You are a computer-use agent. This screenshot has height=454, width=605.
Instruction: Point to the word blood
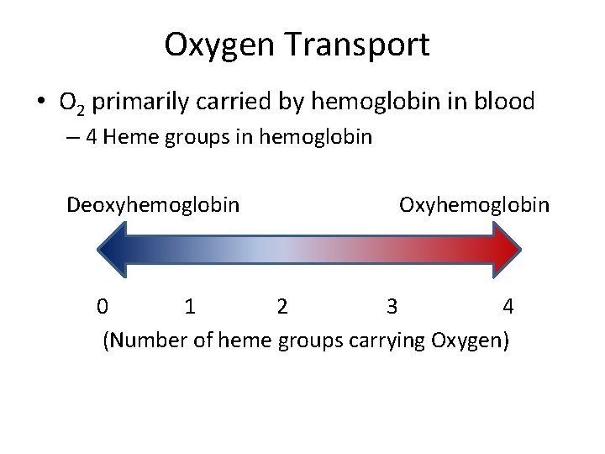click(502, 102)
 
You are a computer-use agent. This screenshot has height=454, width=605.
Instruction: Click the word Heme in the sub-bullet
click(126, 137)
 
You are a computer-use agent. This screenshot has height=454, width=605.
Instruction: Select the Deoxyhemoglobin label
click(154, 205)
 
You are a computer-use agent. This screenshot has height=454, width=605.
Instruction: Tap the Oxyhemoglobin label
click(475, 205)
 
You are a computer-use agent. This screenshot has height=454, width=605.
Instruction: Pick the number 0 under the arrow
click(101, 307)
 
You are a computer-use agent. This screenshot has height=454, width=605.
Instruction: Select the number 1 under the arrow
click(190, 307)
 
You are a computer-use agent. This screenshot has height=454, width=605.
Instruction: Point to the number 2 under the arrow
click(282, 307)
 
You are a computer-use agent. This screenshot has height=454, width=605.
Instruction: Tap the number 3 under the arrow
click(392, 307)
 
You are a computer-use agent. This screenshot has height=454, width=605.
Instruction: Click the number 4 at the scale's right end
click(508, 307)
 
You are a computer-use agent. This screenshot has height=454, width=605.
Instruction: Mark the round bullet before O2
click(39, 103)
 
